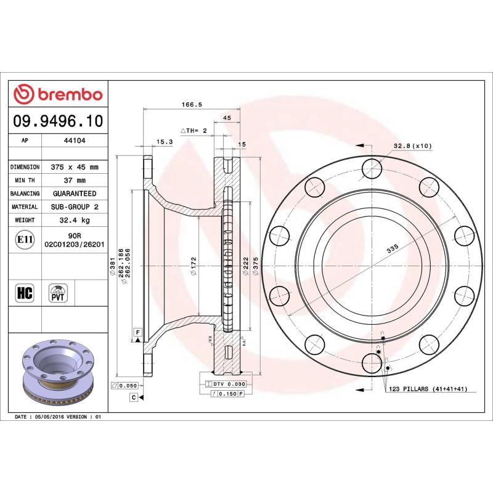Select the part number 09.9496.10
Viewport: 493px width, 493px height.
tap(58, 121)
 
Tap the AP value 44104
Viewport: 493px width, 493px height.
tap(75, 141)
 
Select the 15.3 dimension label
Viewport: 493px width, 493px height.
tap(164, 142)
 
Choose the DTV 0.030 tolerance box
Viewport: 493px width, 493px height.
tap(225, 384)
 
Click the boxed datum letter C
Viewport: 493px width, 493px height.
tap(133, 397)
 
